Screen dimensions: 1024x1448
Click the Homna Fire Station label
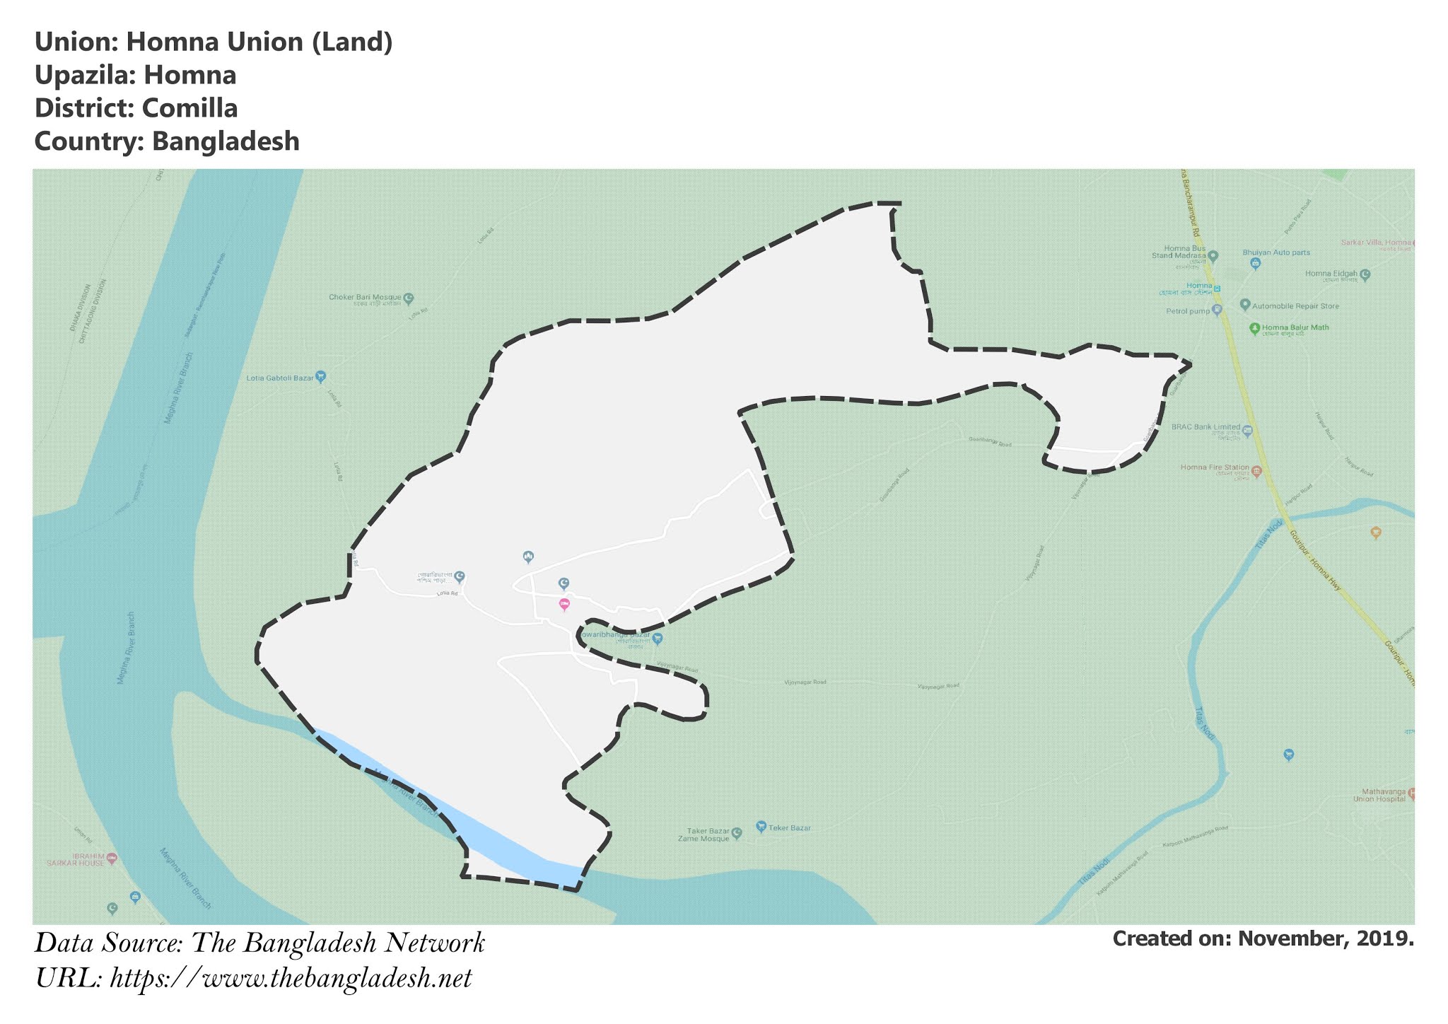pyautogui.click(x=1215, y=467)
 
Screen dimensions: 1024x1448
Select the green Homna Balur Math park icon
pyautogui.click(x=1254, y=327)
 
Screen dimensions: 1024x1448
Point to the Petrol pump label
pyautogui.click(x=1188, y=311)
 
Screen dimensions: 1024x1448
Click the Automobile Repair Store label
pyautogui.click(x=1295, y=306)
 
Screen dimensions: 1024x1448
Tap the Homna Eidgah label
pyautogui.click(x=1331, y=274)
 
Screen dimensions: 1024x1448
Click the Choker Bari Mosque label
pyautogui.click(x=365, y=297)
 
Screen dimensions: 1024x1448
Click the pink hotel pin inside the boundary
pyautogui.click(x=564, y=604)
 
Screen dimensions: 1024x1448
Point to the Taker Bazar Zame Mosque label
pyautogui.click(x=708, y=834)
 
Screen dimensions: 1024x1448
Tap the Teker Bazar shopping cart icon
pyautogui.click(x=761, y=826)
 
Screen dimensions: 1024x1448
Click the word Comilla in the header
pyautogui.click(x=189, y=108)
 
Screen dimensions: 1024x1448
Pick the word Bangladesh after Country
pyautogui.click(x=226, y=141)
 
